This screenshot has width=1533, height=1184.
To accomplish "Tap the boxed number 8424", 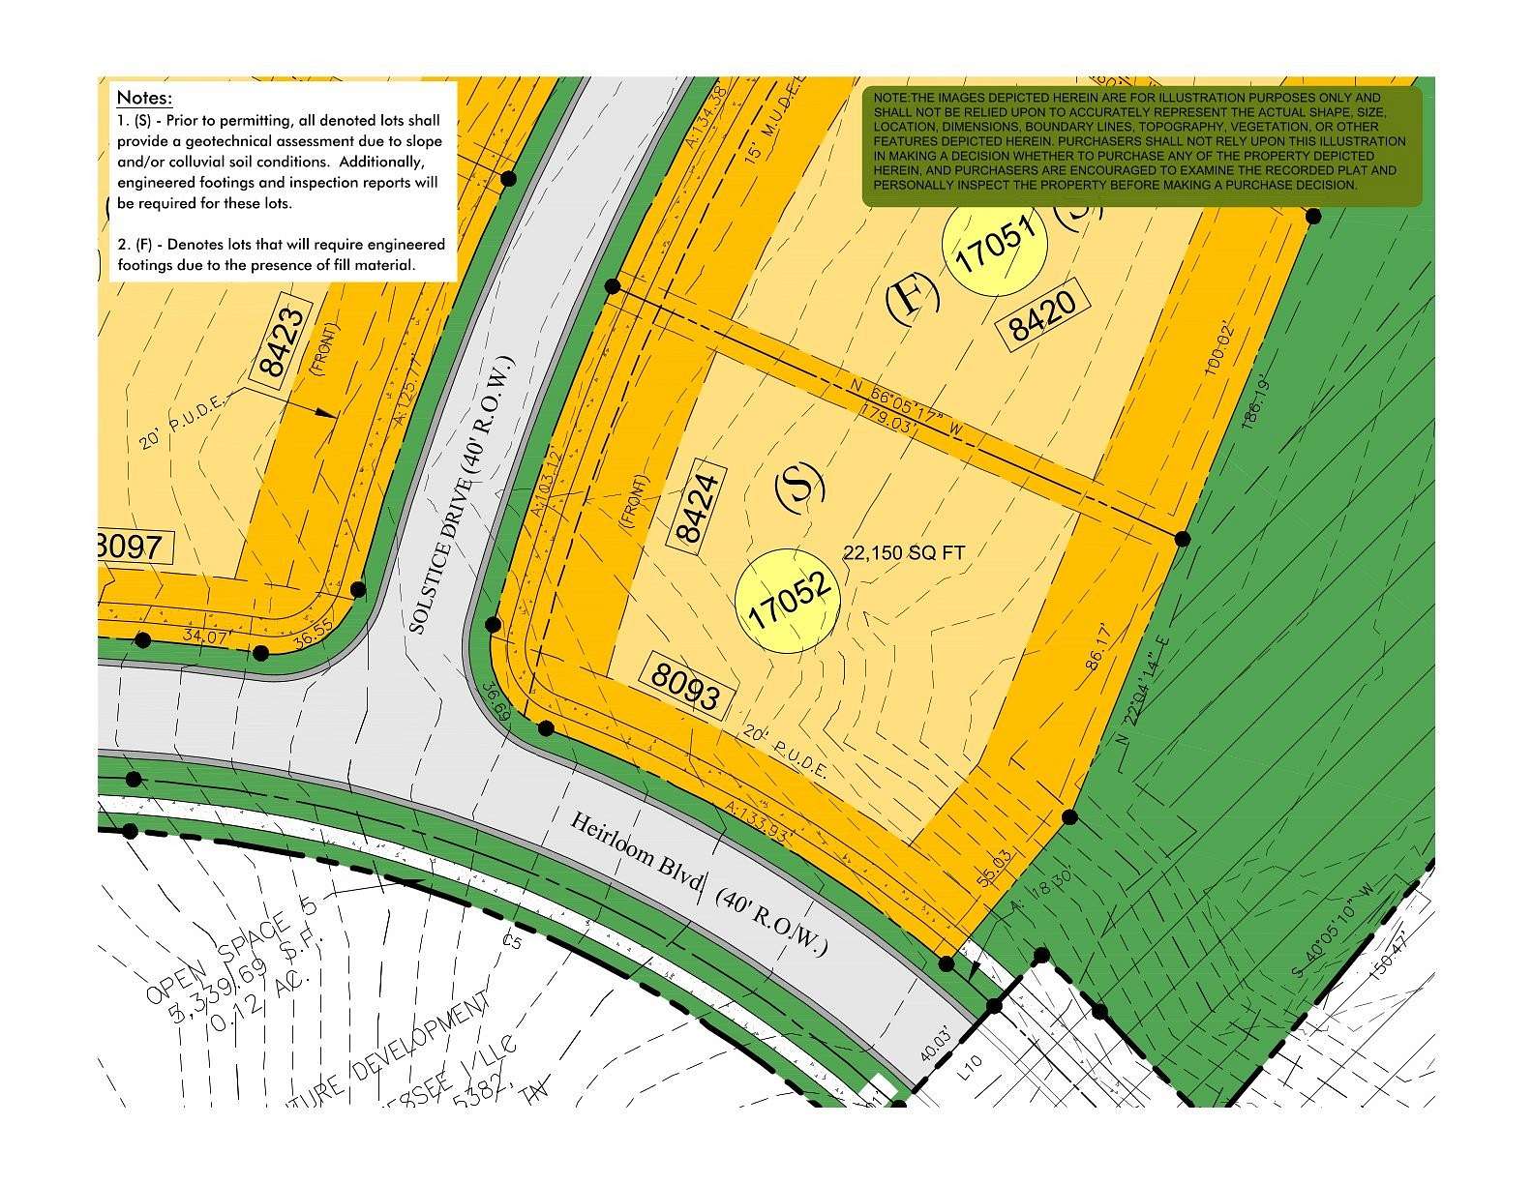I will click(700, 512).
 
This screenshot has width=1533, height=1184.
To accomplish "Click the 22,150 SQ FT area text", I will click(905, 552).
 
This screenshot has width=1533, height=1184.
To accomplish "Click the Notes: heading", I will click(144, 98).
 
